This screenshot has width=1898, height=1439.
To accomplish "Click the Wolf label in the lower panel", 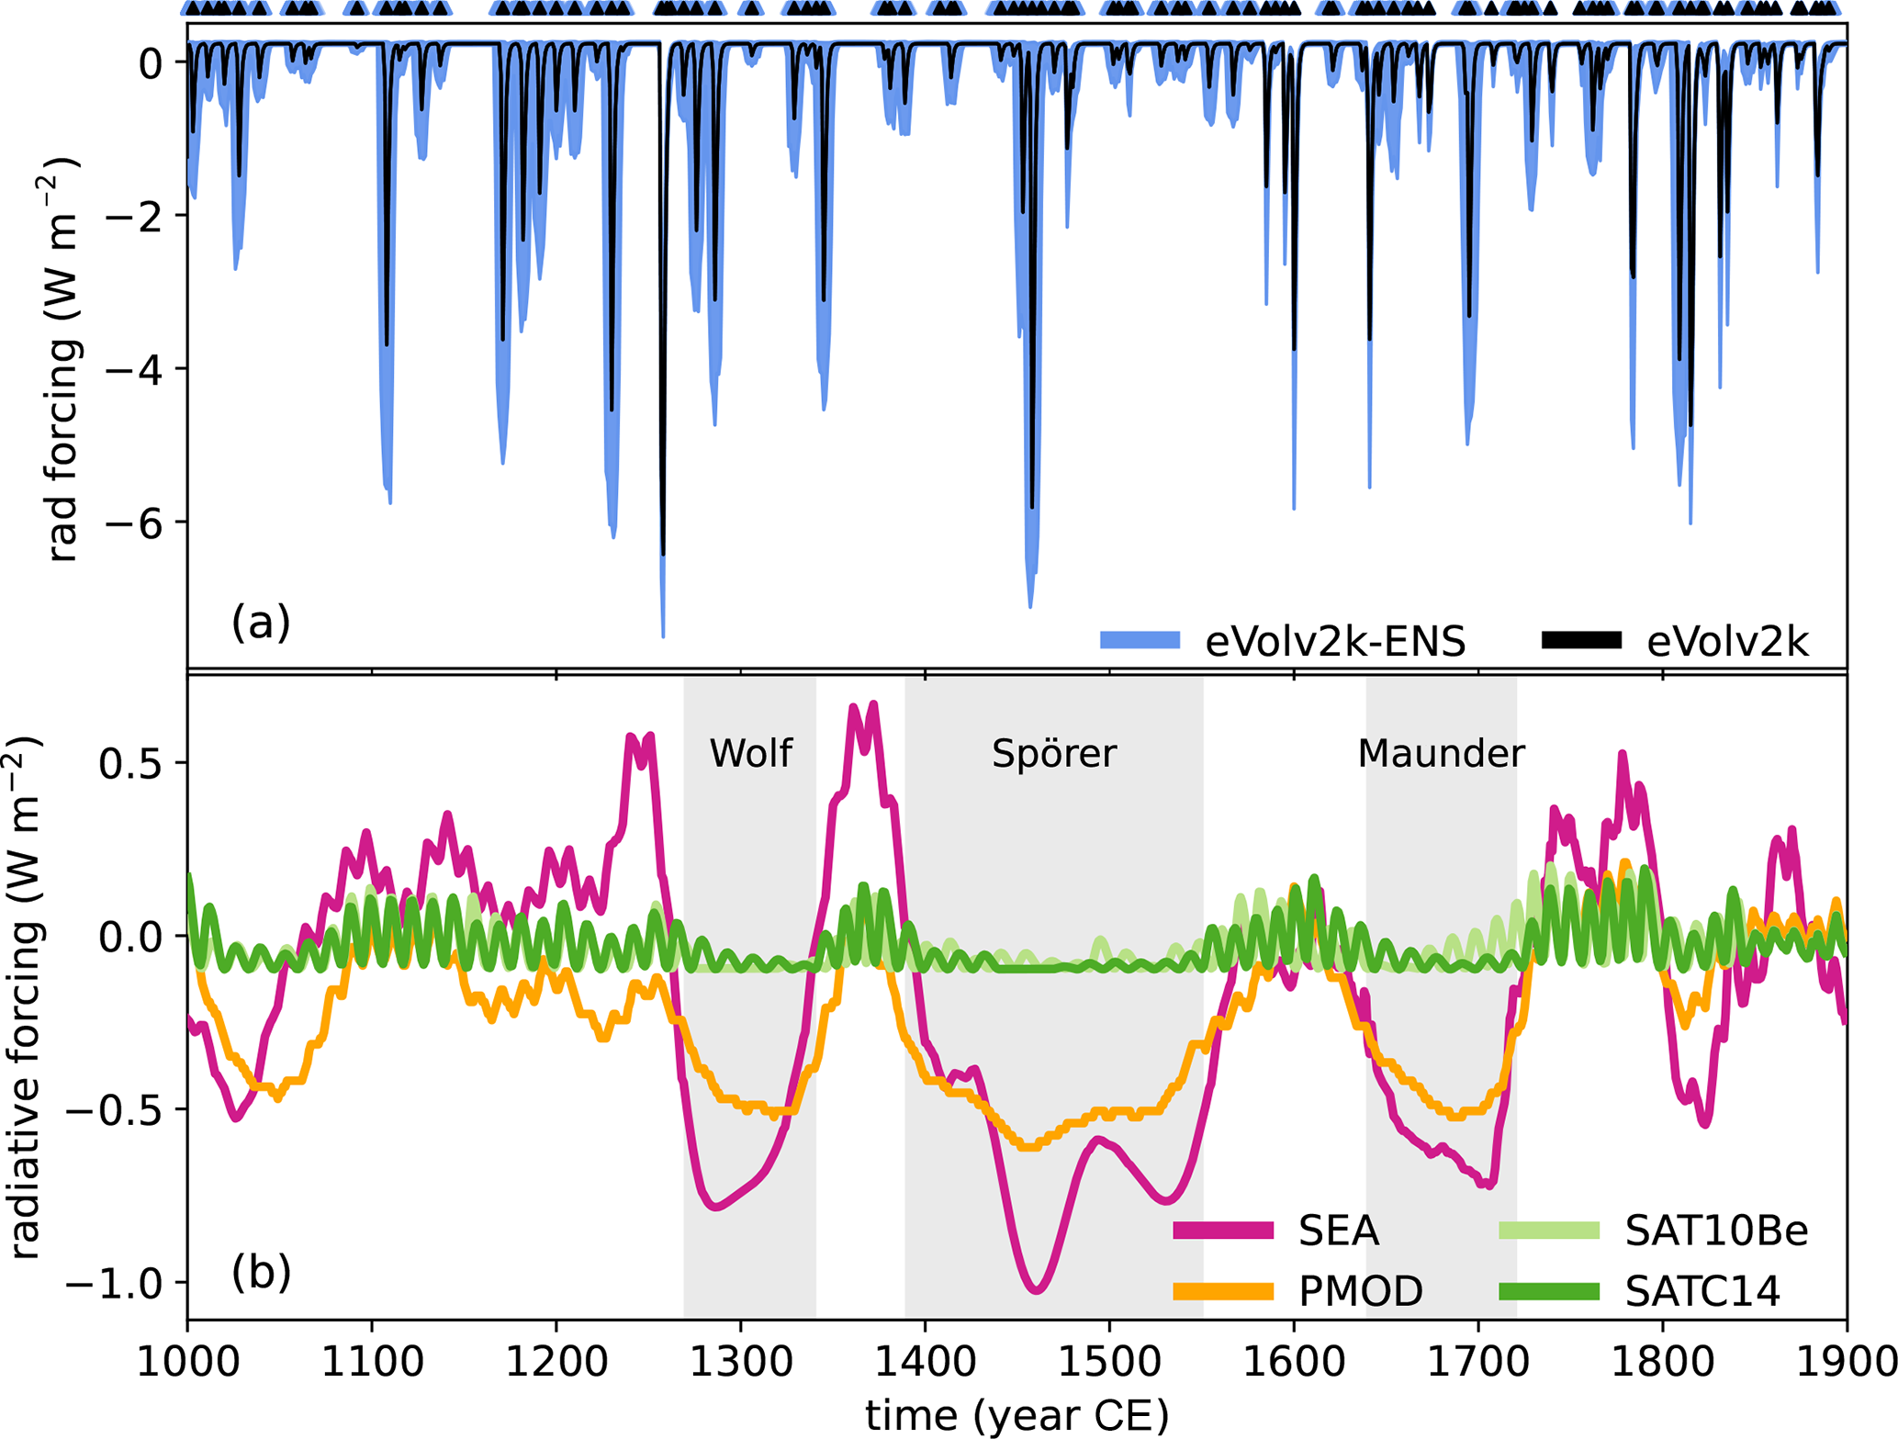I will pos(750,753).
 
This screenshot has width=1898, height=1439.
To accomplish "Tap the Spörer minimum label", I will pos(1053,754).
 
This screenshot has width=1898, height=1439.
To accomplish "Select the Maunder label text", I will pos(1441,754).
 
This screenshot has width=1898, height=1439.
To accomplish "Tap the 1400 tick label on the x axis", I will pos(925,1361).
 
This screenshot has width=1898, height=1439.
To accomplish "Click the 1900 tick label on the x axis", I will pos(1844,1361).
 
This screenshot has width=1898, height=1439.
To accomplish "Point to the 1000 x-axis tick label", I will pos(188,1361).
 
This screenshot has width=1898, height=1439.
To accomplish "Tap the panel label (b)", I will pos(261,1272).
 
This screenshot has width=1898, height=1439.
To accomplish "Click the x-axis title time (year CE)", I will pos(1016,1415).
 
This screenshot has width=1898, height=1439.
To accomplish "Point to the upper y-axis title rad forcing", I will pos(62,358).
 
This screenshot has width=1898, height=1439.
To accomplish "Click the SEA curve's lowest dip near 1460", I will pos(1036,1290).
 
